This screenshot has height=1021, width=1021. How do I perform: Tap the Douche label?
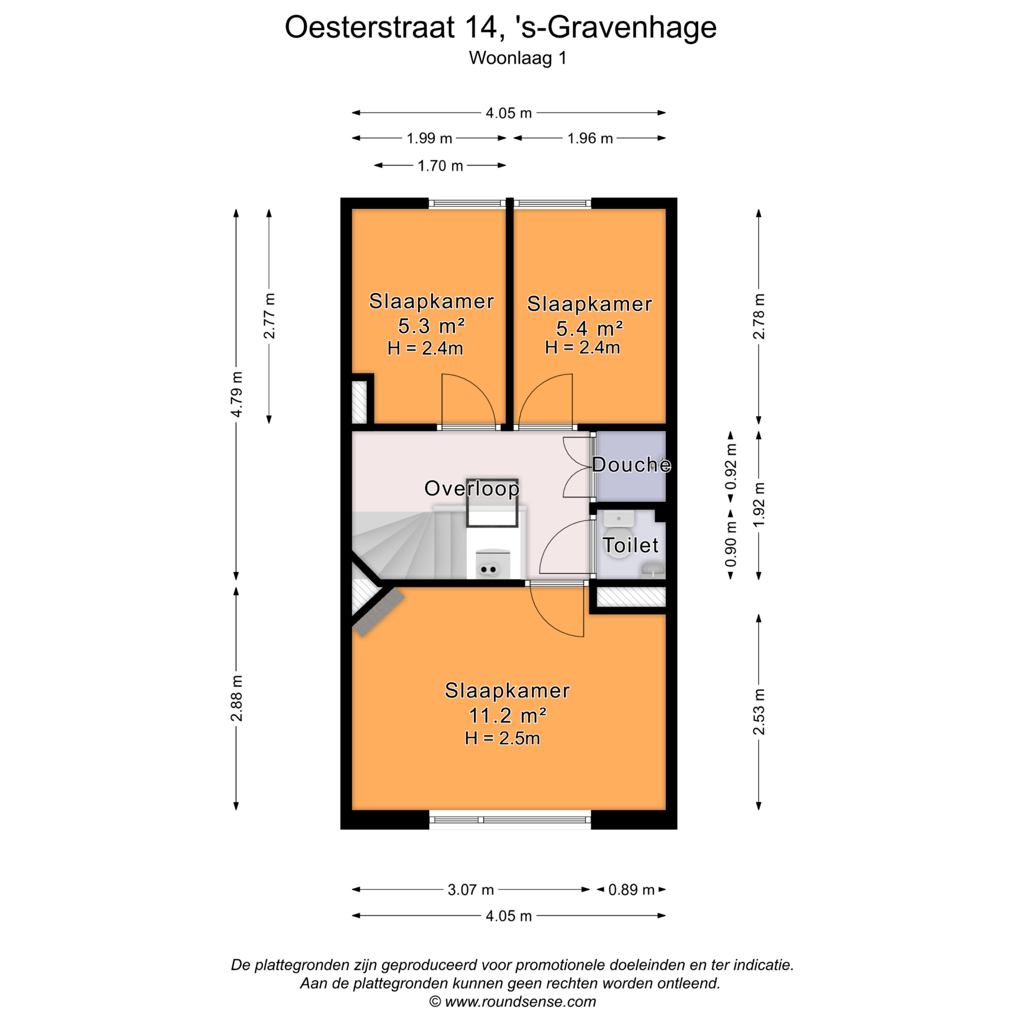631,465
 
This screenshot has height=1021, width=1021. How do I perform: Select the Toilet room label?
631,545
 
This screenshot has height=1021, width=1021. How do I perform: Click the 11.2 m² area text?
507,715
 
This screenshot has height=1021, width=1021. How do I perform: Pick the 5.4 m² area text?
589,328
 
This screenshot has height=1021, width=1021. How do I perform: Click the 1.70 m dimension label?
440,166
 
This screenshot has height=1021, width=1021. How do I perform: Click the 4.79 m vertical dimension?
237,394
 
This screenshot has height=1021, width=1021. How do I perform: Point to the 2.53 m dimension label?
759,712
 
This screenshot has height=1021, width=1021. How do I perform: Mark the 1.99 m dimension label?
429,138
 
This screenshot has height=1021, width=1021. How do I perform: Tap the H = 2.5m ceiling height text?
503,738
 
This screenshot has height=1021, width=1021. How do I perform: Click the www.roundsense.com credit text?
520,1001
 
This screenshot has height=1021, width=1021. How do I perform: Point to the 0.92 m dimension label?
731,467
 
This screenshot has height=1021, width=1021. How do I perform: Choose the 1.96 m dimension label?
590,138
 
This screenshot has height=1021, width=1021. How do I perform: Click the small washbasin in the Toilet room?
653,570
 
